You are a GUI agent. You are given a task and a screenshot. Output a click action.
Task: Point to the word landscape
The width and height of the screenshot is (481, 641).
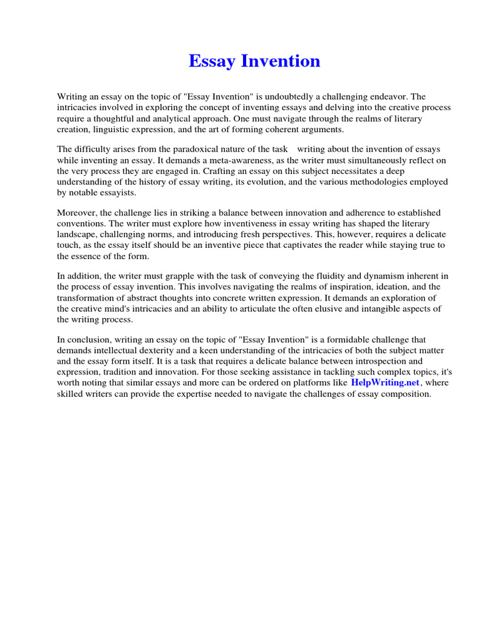[76, 234]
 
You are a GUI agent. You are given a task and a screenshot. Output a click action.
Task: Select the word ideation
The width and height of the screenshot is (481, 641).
[367, 287]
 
